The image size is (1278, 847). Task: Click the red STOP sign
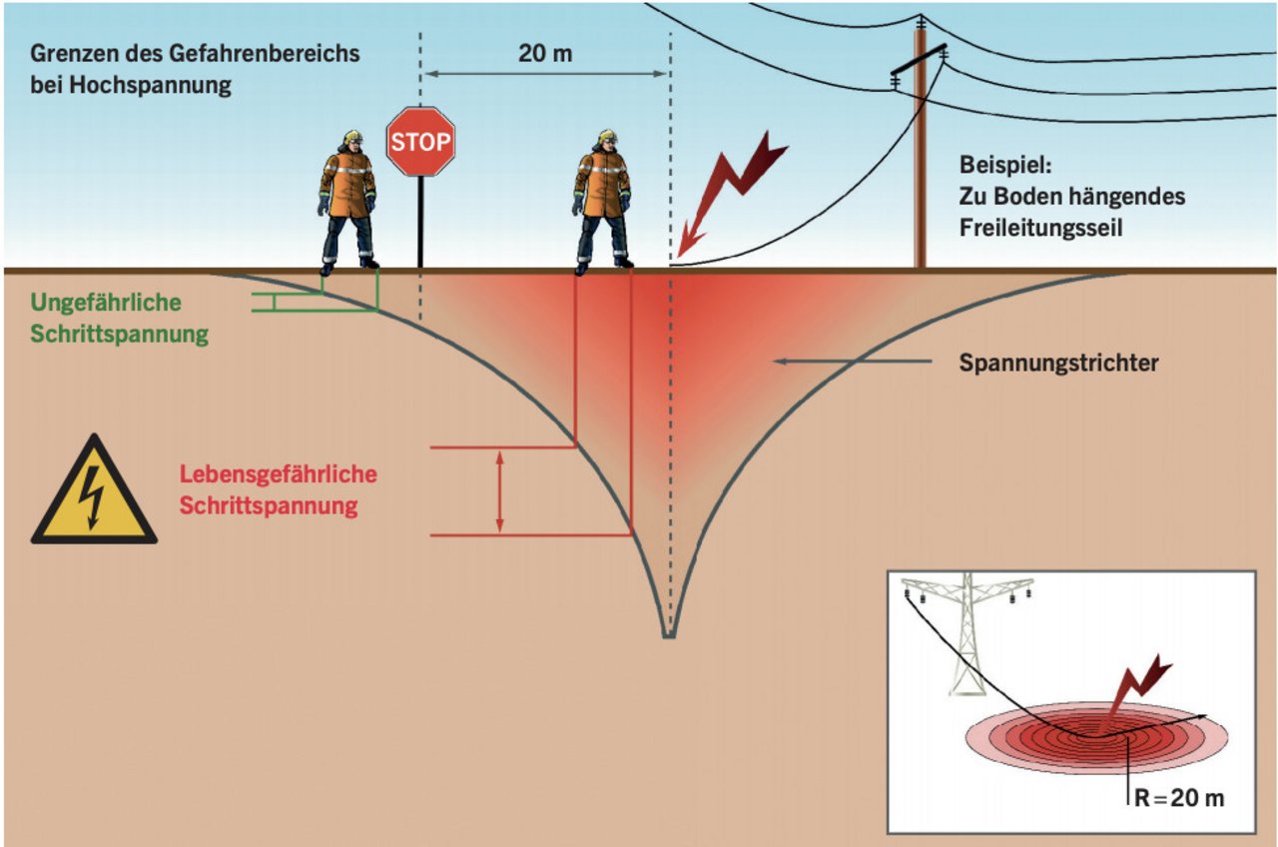[x=420, y=141]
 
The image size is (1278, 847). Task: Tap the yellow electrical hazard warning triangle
[x=94, y=490]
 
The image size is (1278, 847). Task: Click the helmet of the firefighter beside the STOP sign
[x=353, y=137]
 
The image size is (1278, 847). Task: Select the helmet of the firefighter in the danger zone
[x=608, y=137]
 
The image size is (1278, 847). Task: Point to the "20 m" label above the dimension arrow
[x=545, y=54]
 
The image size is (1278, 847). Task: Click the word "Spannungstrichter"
[x=1058, y=363]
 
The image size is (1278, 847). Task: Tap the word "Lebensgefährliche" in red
[x=279, y=474]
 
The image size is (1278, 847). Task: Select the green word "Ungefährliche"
[x=106, y=303]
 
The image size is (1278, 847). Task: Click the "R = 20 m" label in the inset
[x=1179, y=797]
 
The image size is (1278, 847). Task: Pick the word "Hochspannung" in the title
[x=151, y=85]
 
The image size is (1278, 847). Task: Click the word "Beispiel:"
[x=1005, y=165]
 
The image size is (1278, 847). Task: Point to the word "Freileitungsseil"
[x=1040, y=228]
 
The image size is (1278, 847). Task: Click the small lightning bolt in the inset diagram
[x=1138, y=685]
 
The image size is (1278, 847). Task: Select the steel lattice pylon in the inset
[x=965, y=633]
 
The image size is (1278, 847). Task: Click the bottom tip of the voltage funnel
[x=669, y=637]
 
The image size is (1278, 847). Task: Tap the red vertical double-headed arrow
[x=500, y=491]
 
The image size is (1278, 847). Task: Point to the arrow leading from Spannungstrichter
[x=853, y=362]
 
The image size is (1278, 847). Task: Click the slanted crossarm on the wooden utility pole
[x=919, y=59]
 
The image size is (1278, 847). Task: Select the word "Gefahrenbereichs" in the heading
[x=264, y=54]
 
